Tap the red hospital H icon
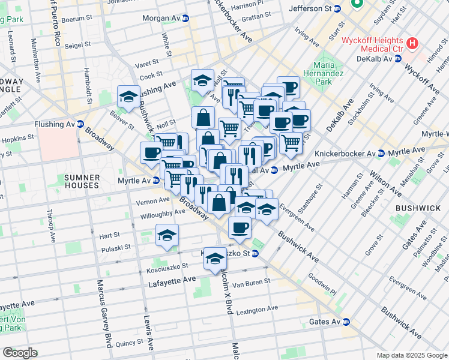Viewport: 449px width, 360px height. [412, 43]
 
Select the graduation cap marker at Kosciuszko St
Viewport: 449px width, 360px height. [214, 258]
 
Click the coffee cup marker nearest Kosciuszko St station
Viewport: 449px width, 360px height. [240, 227]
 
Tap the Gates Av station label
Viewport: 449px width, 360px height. [325, 322]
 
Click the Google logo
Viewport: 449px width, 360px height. [19, 353]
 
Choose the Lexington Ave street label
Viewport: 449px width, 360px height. [257, 309]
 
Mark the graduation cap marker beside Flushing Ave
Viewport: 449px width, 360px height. [128, 97]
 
